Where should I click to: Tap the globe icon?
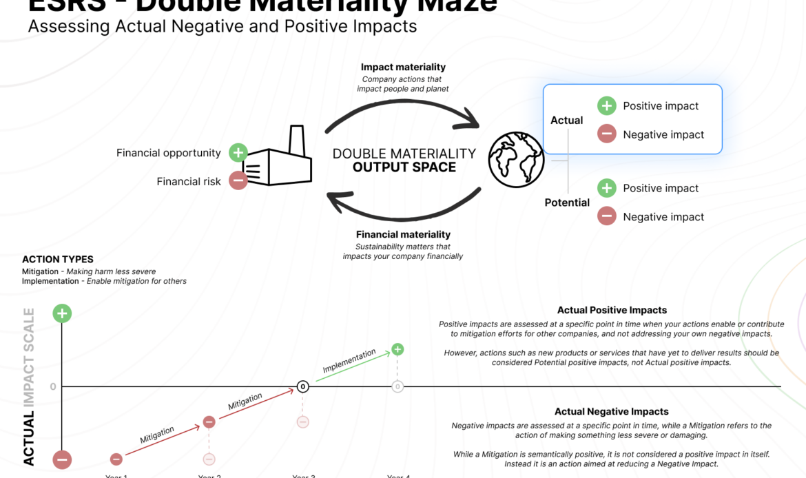516,160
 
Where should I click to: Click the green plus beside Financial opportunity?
238,153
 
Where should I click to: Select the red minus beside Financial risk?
238,181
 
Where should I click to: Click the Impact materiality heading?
403,67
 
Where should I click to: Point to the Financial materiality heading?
403,235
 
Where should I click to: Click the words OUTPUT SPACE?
404,167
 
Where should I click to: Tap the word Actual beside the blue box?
566,121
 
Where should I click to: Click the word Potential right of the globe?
567,202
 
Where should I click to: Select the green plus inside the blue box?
606,105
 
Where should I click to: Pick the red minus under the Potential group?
606,216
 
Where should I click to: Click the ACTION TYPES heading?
58,260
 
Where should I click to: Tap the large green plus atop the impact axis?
62,313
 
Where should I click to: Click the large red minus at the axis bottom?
62,459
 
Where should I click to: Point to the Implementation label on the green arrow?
349,361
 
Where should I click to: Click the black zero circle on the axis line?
302,386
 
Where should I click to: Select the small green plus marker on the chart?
397,350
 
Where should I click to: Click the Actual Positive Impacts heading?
612,311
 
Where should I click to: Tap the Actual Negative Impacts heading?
612,412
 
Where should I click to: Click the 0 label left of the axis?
53,386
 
